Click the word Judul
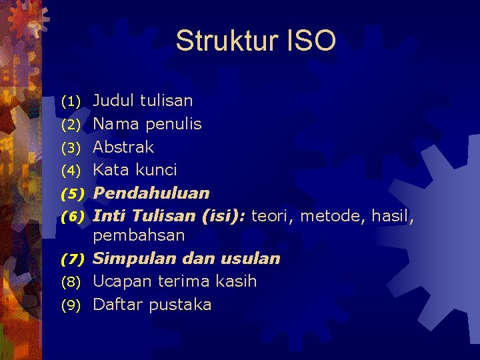(113, 101)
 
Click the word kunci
(155, 170)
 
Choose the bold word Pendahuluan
(151, 193)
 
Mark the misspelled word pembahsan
(139, 235)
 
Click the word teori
(272, 216)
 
